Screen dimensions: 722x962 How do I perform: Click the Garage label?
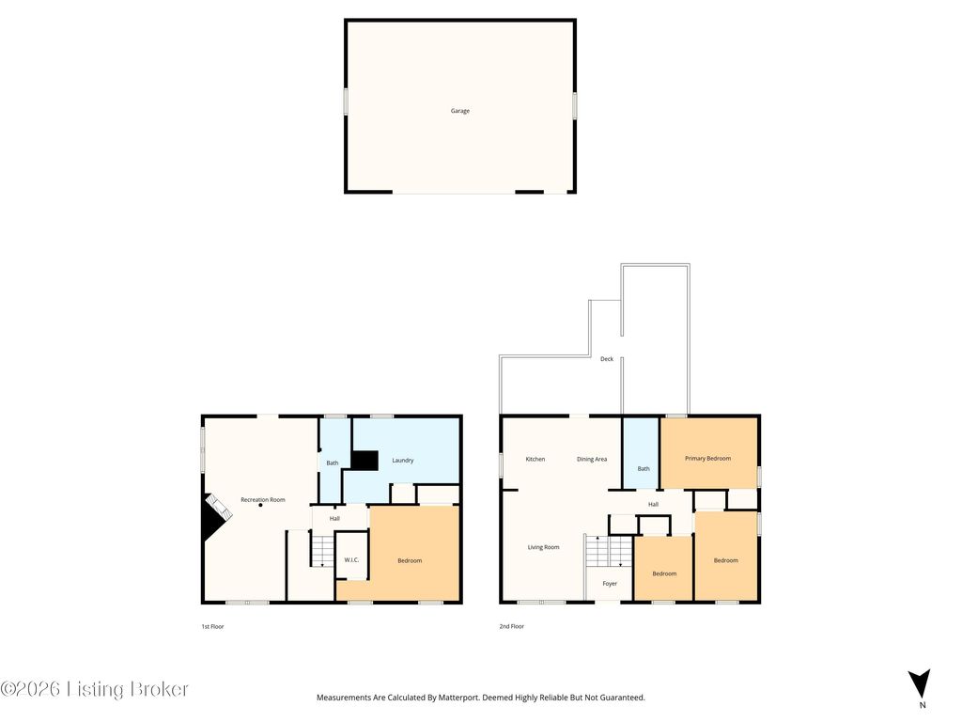[x=459, y=111]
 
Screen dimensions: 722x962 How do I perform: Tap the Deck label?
[x=607, y=359]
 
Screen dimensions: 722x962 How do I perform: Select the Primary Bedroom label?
[x=707, y=459]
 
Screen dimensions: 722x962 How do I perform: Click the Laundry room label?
[x=402, y=460]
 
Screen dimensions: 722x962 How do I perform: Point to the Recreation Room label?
[x=262, y=499]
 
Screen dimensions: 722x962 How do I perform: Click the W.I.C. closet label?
[x=351, y=560]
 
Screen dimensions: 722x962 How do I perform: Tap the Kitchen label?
[x=535, y=459]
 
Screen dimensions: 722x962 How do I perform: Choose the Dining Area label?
[x=592, y=459]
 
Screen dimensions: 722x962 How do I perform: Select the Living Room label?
[x=543, y=547]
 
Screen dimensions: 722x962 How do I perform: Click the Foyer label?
[x=610, y=584]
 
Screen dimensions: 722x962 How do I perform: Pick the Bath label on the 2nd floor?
[x=644, y=468]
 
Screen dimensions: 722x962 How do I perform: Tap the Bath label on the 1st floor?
[x=332, y=463]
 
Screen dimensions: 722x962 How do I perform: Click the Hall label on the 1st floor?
[x=334, y=518]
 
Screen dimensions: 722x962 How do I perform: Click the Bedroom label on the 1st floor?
[x=410, y=560]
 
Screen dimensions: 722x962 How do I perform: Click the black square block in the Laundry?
[x=365, y=460]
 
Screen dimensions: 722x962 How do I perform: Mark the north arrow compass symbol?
[x=921, y=683]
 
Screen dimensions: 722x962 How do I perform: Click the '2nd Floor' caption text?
[x=512, y=626]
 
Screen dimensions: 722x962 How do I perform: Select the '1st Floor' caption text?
[x=212, y=626]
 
